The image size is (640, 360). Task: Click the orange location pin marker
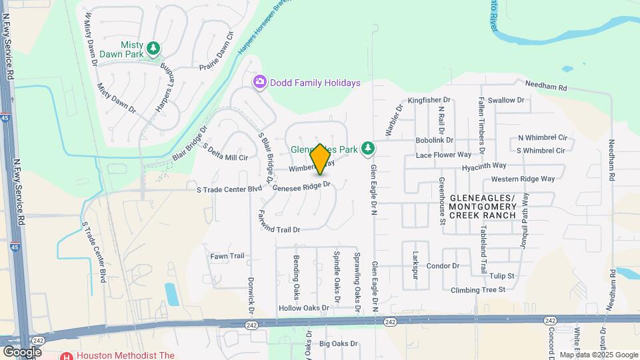pyautogui.click(x=321, y=159)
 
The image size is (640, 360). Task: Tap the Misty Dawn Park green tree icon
pyautogui.click(x=154, y=48)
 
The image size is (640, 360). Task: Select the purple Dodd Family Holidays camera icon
pyautogui.click(x=259, y=82)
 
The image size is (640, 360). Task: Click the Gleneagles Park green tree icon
pyautogui.click(x=366, y=147)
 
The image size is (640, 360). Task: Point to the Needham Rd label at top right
pyautogui.click(x=545, y=87)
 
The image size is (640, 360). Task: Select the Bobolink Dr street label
pyautogui.click(x=434, y=141)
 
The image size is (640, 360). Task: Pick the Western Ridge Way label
pyautogui.click(x=523, y=179)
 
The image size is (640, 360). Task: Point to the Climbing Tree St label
pyautogui.click(x=478, y=289)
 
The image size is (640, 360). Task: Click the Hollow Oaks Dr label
pyautogui.click(x=304, y=308)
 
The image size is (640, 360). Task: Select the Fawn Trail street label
pyautogui.click(x=227, y=256)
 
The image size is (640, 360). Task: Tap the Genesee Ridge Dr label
pyautogui.click(x=301, y=187)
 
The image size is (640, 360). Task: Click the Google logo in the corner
pyautogui.click(x=22, y=351)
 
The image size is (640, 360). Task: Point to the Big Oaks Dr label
pyautogui.click(x=339, y=344)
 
